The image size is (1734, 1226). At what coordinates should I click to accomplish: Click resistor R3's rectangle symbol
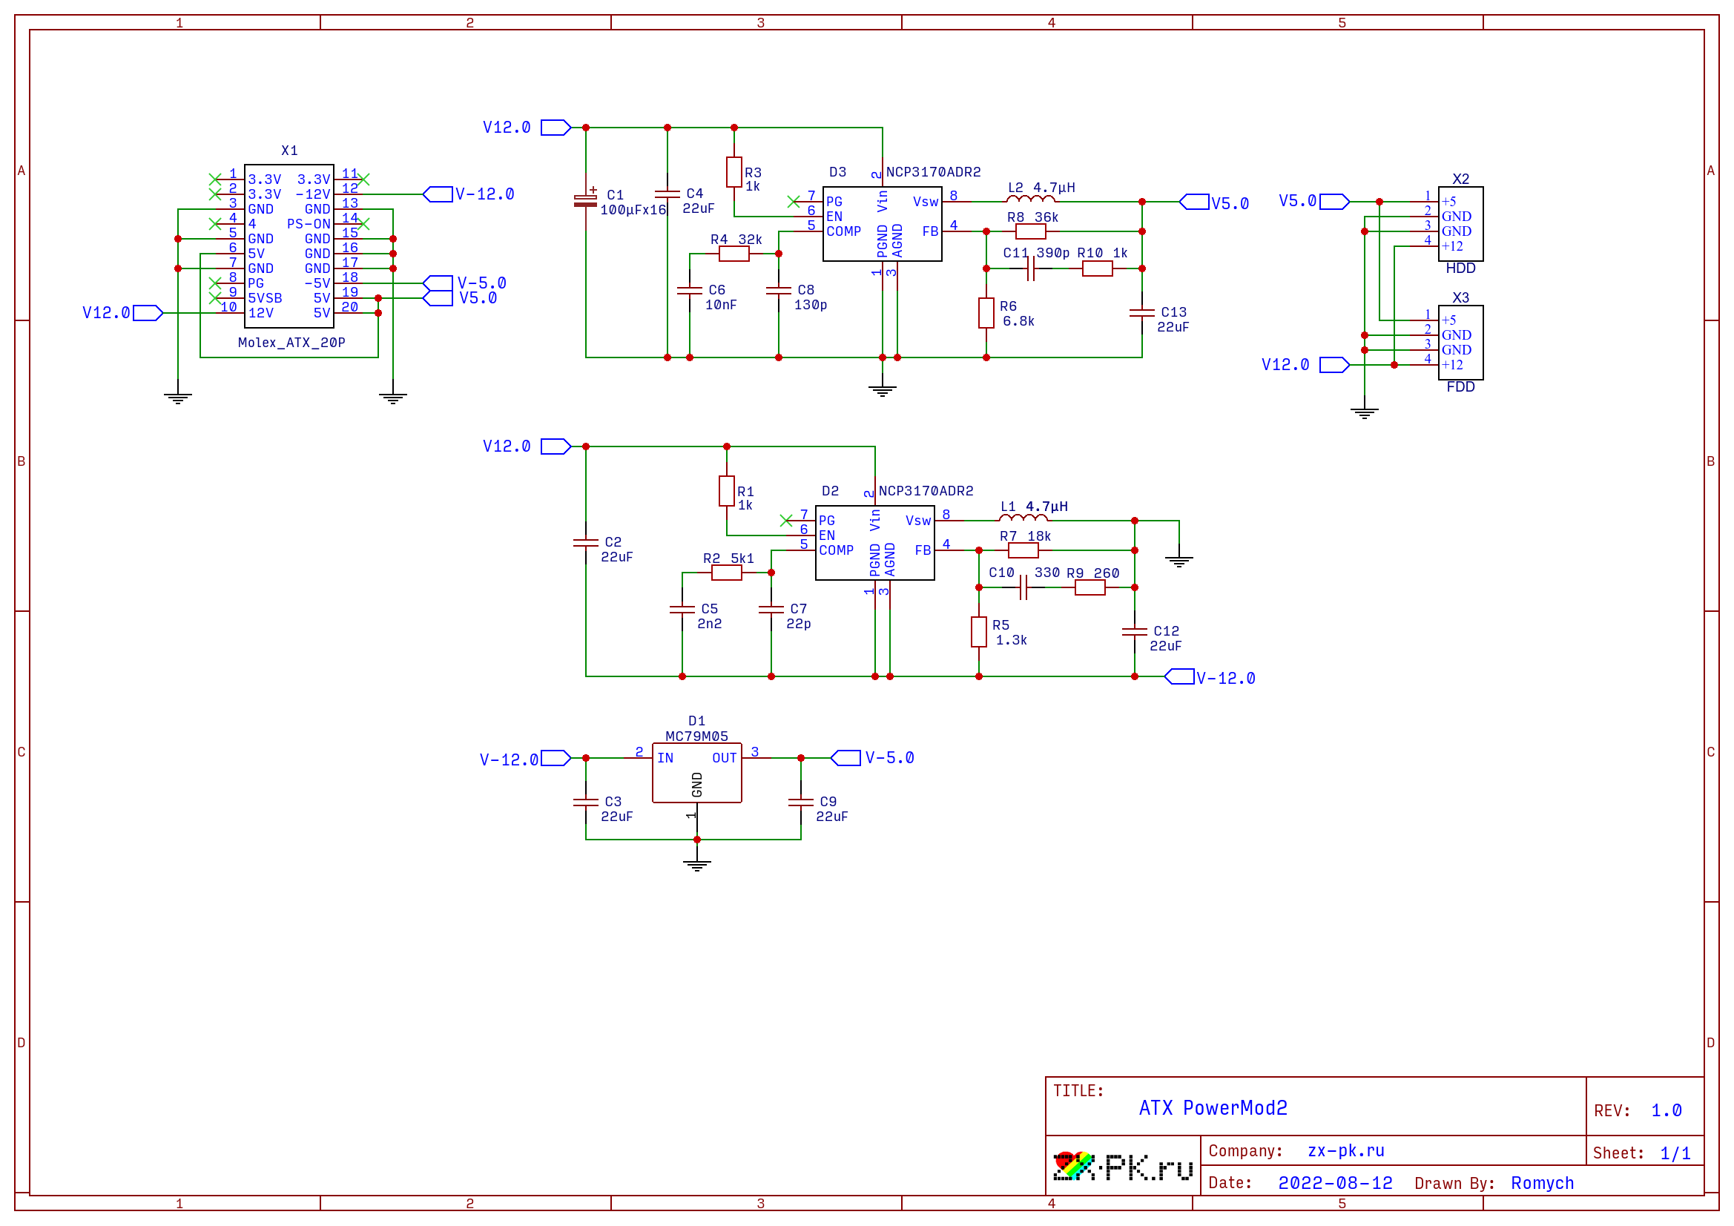point(734,172)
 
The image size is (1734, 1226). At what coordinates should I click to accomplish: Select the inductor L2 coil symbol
point(1030,200)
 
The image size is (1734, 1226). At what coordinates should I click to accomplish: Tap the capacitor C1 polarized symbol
point(585,200)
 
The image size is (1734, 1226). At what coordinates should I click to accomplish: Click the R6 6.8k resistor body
point(986,313)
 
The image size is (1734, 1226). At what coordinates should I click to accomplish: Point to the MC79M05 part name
point(696,736)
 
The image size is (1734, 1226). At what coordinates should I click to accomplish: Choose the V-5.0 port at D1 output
point(845,758)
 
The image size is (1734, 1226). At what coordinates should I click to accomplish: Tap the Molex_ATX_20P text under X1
point(291,343)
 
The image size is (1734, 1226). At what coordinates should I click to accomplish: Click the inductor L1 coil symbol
point(1023,518)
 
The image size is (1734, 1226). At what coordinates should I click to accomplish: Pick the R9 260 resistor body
point(1089,587)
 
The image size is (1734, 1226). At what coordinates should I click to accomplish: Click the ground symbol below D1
point(696,865)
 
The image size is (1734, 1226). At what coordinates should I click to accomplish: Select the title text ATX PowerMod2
point(1212,1108)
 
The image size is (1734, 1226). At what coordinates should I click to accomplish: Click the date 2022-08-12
point(1334,1183)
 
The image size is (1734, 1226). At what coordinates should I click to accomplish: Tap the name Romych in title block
point(1541,1183)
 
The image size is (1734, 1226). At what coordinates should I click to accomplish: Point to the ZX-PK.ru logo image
point(1122,1167)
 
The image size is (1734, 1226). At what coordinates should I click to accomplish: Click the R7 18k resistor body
point(1023,550)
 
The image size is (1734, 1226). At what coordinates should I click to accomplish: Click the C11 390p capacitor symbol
point(1030,269)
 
